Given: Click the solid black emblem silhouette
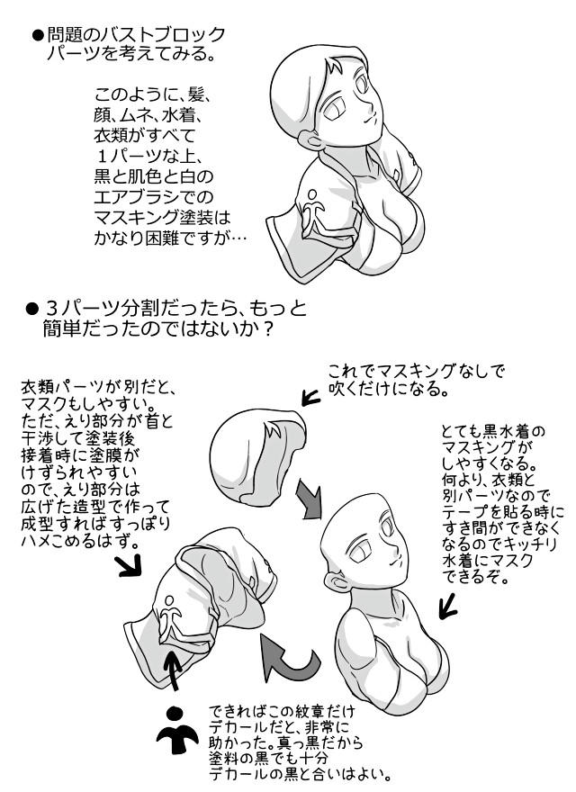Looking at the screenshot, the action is coord(175,732).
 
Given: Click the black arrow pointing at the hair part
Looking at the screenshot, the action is coord(310,398).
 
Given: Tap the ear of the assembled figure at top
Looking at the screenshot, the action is coord(310,139).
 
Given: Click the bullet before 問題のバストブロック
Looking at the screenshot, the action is coord(38,35).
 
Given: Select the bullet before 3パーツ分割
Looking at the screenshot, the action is coord(31,308).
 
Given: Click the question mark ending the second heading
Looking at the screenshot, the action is coord(268,328).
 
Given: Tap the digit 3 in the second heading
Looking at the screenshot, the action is coord(51,308).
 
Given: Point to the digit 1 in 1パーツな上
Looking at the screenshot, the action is coord(102,156).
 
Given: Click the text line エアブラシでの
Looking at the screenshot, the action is coord(154,196).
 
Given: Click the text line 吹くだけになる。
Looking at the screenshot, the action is coord(388,389).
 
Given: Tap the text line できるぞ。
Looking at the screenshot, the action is coord(475,576).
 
